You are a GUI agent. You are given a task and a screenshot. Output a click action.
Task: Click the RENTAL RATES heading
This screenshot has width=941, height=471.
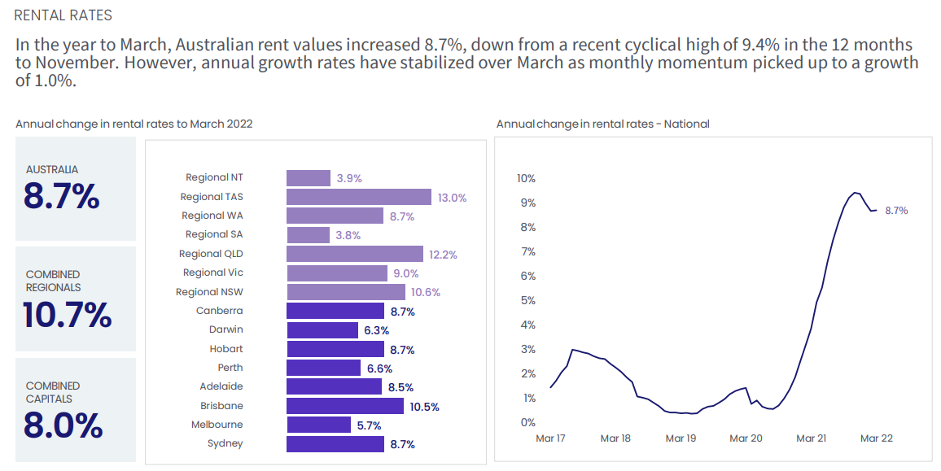point(63,15)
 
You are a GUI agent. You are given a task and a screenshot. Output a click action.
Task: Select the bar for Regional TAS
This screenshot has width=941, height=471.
point(358,197)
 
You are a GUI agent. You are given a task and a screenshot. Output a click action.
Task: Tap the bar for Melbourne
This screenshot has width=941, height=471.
point(319,425)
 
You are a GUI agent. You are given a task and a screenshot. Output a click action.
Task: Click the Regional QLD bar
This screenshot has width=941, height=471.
point(354,254)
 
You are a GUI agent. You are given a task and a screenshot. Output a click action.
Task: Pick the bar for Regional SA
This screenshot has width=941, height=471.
point(308,235)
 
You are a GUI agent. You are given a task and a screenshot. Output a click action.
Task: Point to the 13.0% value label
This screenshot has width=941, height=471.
point(452,198)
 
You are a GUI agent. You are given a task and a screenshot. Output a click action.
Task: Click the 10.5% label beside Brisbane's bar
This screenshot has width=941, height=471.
point(424,407)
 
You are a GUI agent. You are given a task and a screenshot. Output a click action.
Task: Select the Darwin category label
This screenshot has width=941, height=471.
point(225,329)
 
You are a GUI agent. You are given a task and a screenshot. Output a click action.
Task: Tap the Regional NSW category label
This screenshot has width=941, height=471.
point(209,292)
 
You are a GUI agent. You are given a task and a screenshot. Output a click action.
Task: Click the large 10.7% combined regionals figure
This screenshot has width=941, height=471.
point(68,316)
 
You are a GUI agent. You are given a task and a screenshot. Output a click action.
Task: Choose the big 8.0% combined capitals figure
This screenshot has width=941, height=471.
point(63,425)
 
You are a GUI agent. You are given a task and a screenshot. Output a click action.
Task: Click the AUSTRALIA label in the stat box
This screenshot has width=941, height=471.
point(52,170)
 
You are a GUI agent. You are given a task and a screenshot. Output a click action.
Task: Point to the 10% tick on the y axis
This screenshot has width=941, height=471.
point(526,178)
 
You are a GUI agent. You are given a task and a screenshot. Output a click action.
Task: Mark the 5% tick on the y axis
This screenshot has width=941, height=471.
point(527,300)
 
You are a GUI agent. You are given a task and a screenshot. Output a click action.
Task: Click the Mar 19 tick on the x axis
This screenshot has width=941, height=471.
point(681,438)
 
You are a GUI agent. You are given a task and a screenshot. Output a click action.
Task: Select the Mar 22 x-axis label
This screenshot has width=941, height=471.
point(876,438)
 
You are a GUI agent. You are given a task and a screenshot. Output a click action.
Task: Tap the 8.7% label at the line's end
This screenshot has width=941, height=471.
point(896,211)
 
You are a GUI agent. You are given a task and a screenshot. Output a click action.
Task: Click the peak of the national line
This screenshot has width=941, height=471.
point(855,193)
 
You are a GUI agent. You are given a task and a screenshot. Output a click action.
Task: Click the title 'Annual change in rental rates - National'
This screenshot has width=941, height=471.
point(602,124)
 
